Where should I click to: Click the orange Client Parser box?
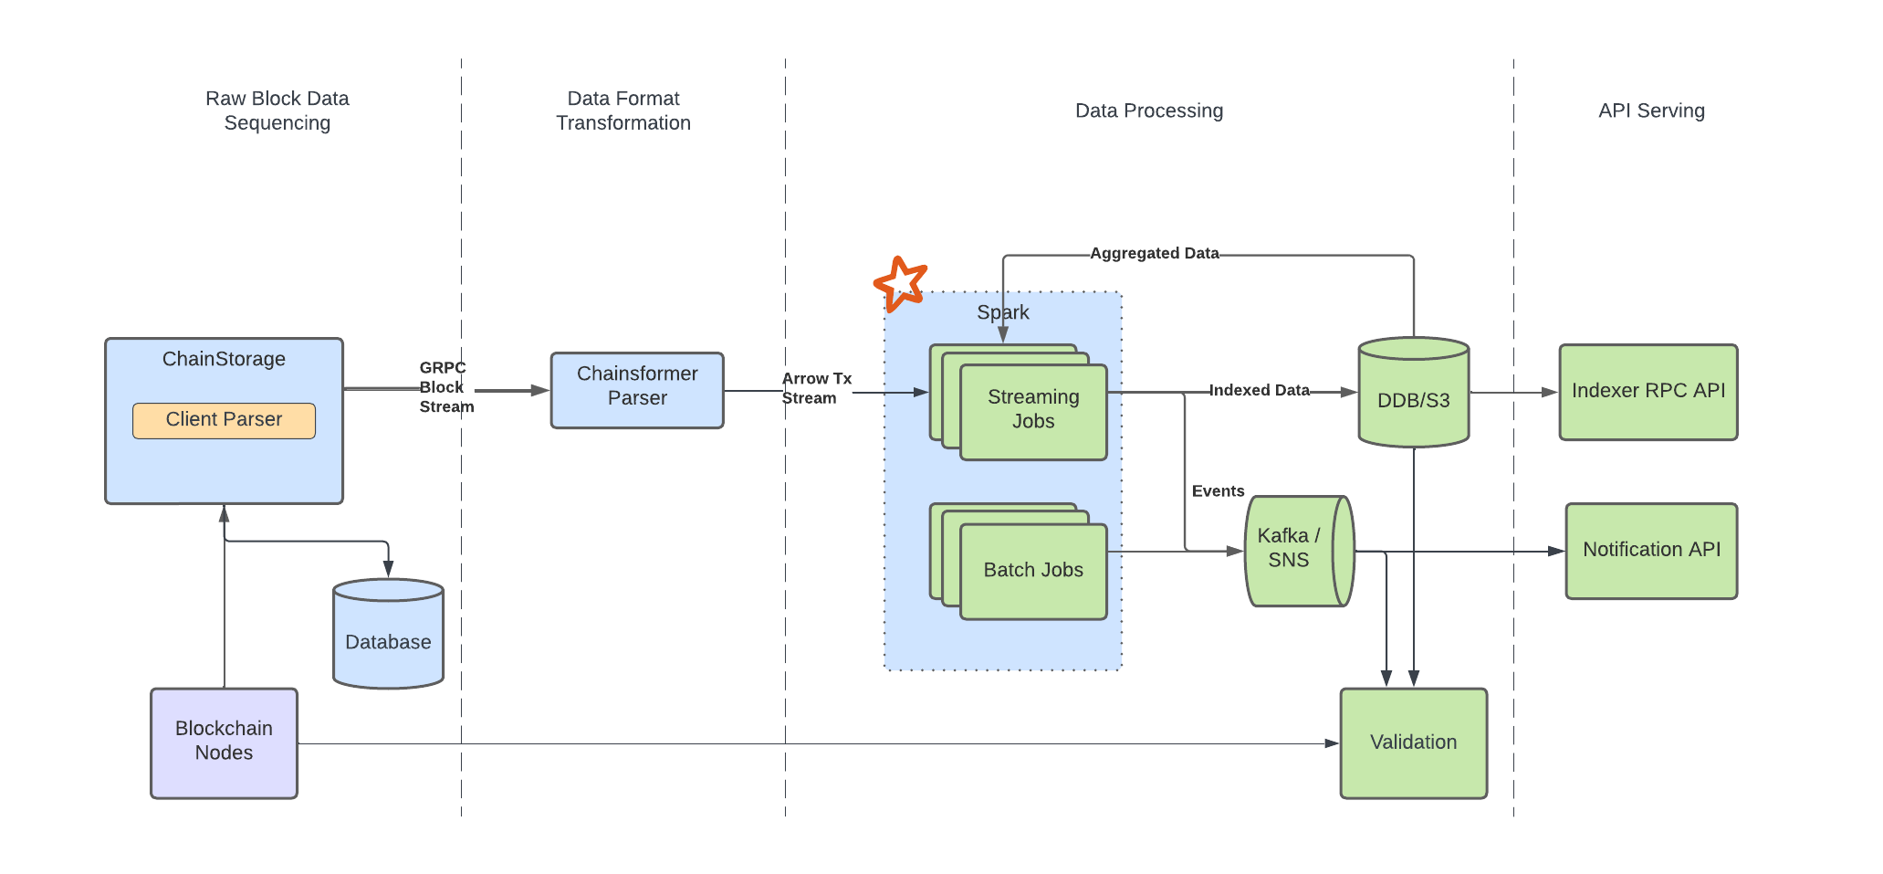(224, 420)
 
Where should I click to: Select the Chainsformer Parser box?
(637, 390)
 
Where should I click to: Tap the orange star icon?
(901, 283)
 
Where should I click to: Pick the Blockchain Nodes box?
(224, 742)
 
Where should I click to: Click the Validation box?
(1413, 742)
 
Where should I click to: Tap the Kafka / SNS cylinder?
(1296, 551)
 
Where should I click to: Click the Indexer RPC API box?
(1648, 392)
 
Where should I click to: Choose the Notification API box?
(1651, 551)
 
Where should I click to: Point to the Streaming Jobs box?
(1033, 411)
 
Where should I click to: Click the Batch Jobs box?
(1033, 571)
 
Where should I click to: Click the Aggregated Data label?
(1154, 254)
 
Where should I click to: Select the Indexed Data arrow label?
(1259, 391)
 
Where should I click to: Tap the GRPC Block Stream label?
(445, 387)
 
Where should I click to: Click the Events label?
(1218, 491)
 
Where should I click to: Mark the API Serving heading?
(1651, 111)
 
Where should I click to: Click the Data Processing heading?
(1148, 111)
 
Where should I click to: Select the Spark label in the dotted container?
(1002, 312)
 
